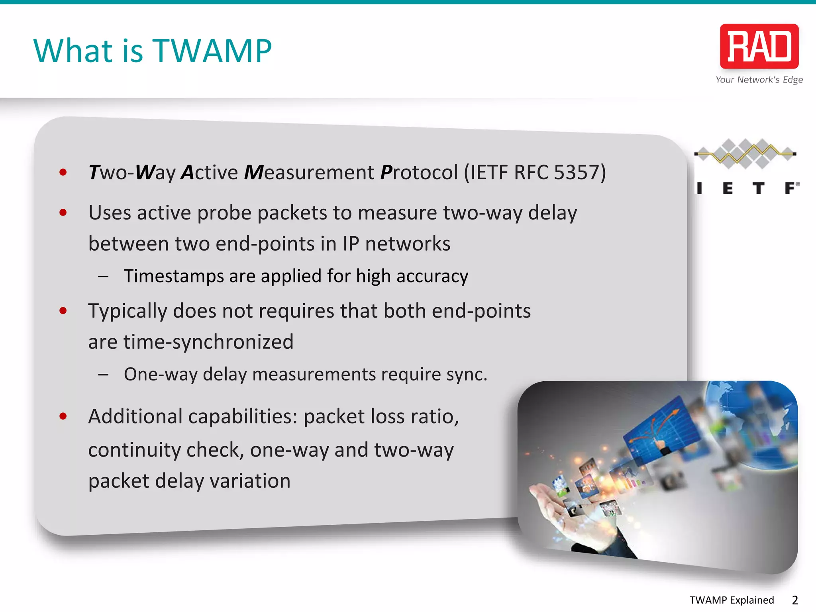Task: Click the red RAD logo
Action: point(759,46)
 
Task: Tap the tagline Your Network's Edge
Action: point(759,80)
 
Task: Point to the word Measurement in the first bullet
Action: point(309,173)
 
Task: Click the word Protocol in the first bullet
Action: point(419,173)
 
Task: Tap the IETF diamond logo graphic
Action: point(745,153)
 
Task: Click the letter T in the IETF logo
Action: point(759,188)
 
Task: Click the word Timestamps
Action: point(174,276)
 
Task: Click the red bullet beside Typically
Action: point(63,311)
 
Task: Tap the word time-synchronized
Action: point(208,342)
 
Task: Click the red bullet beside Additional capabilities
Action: point(63,416)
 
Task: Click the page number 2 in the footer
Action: point(794,600)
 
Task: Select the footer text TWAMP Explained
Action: point(732,600)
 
